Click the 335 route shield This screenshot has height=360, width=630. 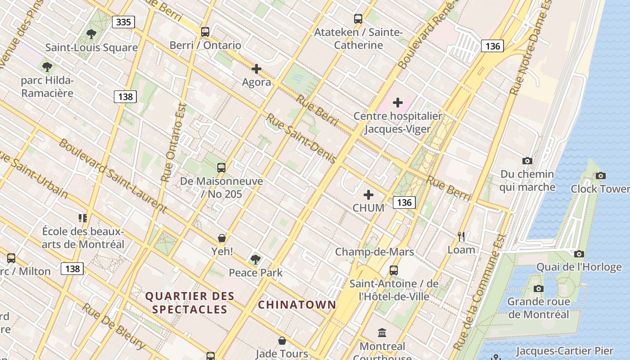click(123, 22)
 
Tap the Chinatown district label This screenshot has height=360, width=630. click(297, 305)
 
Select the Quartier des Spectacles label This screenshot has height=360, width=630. click(189, 302)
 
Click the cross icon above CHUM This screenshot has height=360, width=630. click(369, 195)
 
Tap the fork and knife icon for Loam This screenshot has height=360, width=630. click(461, 237)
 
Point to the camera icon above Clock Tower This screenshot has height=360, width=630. click(600, 175)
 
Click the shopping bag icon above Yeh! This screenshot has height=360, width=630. click(222, 238)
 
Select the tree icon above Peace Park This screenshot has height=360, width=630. click(256, 259)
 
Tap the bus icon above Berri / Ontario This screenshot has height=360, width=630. click(205, 32)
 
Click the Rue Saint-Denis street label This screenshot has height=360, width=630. click(301, 139)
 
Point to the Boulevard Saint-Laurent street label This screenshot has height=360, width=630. click(112, 175)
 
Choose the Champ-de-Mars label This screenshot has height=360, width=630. click(374, 252)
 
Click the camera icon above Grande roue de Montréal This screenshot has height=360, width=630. click(538, 288)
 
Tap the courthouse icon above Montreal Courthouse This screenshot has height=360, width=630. click(382, 333)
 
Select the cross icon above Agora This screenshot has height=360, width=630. click(256, 69)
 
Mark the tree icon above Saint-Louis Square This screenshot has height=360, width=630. click(91, 34)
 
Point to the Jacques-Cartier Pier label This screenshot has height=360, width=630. click(564, 351)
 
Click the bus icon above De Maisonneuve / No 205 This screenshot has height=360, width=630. click(221, 168)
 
